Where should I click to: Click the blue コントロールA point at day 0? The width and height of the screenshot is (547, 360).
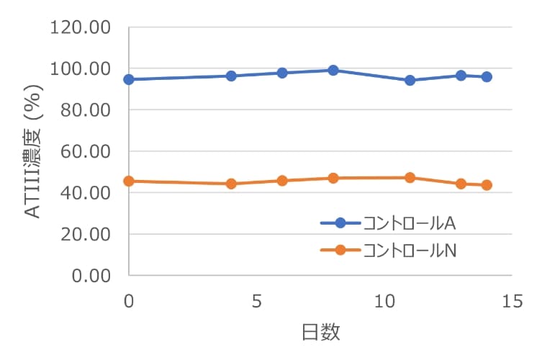pos(129,79)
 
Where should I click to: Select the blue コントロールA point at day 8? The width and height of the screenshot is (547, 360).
pos(333,70)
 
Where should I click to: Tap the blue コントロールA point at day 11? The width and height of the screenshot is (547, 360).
pos(410,80)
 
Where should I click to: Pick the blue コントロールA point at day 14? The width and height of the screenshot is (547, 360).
pos(487,77)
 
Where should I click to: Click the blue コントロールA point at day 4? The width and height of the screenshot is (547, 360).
pos(231,76)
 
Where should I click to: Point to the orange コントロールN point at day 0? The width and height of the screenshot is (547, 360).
pos(129,181)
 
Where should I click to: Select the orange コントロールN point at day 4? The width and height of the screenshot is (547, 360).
pos(231,184)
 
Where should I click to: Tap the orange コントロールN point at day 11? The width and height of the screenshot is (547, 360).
pos(410,177)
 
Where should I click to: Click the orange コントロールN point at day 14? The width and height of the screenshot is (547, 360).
pos(487,185)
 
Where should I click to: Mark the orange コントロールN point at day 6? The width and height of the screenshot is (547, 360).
pos(282,180)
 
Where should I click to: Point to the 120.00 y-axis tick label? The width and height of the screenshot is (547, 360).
pos(79,28)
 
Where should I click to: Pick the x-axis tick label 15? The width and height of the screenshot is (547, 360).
pos(512,302)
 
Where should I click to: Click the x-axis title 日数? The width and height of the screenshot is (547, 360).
pos(320,333)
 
